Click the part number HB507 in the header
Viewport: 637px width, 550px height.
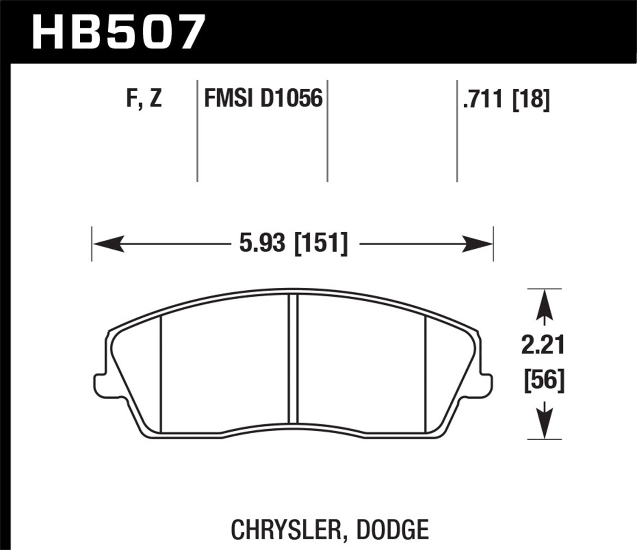coord(118,31)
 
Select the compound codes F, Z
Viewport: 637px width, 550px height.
coord(144,99)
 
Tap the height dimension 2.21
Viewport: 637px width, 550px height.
coord(543,346)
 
